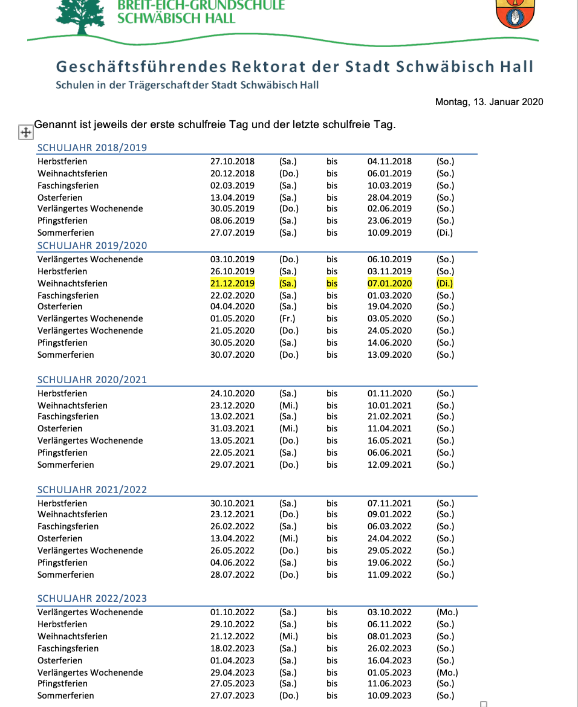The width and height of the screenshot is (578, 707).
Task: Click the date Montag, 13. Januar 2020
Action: [489, 102]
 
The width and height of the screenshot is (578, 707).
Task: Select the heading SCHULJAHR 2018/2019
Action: [92, 147]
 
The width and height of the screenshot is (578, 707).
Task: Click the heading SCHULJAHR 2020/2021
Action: [92, 379]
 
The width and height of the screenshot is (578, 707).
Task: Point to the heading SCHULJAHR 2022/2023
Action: [92, 598]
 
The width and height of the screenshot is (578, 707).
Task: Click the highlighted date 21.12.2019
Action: [232, 283]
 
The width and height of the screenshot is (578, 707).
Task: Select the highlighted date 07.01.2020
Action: [389, 283]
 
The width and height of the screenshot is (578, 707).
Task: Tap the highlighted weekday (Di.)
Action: [444, 283]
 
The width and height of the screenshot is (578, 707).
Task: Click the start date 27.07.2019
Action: [232, 233]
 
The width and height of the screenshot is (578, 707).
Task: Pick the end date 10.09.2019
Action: [389, 233]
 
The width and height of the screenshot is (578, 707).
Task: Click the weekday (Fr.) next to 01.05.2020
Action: [288, 318]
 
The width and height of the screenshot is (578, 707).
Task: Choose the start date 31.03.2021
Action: [232, 428]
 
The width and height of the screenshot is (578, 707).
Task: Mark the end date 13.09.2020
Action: [389, 355]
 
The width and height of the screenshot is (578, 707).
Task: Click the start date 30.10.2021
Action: [232, 503]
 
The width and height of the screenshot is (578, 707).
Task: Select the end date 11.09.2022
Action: [389, 575]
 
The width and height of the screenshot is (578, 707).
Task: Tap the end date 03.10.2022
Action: [389, 612]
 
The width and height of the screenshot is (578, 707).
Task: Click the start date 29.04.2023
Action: [232, 673]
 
